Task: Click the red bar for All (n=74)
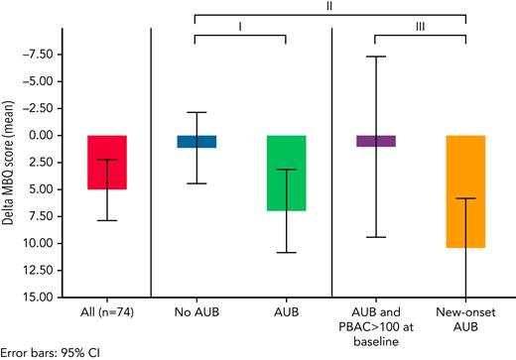(x=106, y=162)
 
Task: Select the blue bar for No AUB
(x=196, y=141)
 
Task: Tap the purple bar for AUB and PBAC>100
(x=376, y=141)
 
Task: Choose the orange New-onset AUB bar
(x=465, y=190)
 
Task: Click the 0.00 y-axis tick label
(x=44, y=135)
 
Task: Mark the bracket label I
(x=240, y=28)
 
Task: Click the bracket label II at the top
(x=330, y=6)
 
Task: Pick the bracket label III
(x=421, y=28)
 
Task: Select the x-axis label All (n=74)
(x=106, y=313)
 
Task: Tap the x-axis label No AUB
(x=196, y=313)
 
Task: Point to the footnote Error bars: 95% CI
(x=50, y=351)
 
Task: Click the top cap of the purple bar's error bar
(x=376, y=57)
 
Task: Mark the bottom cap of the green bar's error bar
(x=286, y=252)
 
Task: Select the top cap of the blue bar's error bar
(x=196, y=112)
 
